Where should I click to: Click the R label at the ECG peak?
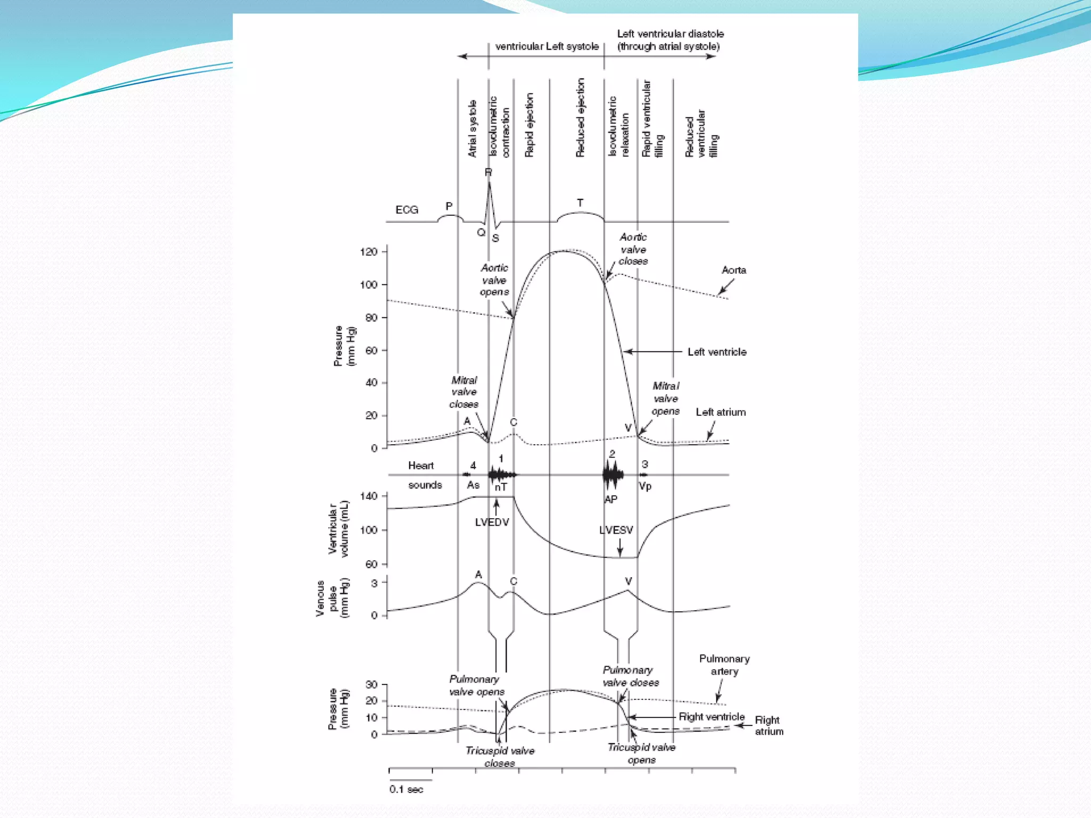point(488,172)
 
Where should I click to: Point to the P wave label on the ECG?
point(449,206)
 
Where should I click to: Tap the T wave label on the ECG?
point(580,203)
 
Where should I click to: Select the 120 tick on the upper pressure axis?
point(369,252)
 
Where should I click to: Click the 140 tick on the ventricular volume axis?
point(369,496)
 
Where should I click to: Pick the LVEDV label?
point(492,522)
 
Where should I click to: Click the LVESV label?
point(616,530)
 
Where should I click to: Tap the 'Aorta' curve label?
point(734,271)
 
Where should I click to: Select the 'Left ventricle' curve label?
point(717,352)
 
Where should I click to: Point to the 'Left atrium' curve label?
point(720,412)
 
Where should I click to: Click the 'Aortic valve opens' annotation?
point(494,280)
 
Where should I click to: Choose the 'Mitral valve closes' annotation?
point(464,392)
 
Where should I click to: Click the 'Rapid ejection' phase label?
point(529,126)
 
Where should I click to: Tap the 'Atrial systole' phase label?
point(472,129)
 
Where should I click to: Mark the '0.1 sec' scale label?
point(406,789)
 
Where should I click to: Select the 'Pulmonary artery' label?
point(724,665)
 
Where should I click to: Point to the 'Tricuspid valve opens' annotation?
point(641,754)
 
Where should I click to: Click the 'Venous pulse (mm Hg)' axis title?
point(332,598)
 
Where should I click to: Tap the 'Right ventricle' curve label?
point(711,717)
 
